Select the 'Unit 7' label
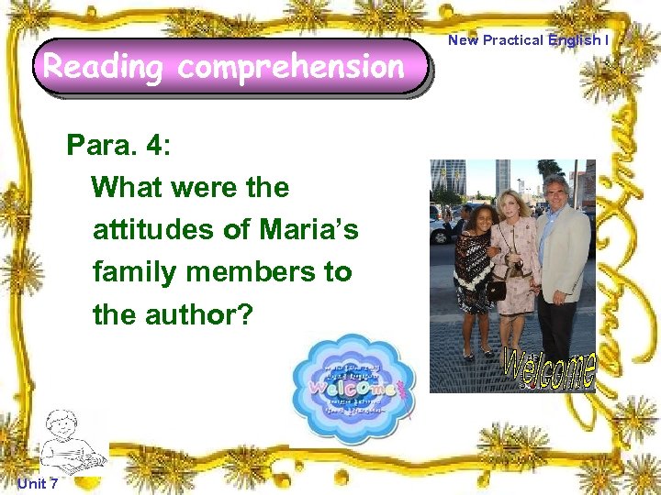tap(37, 484)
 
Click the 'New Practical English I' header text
tap(528, 39)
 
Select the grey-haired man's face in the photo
tap(556, 192)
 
